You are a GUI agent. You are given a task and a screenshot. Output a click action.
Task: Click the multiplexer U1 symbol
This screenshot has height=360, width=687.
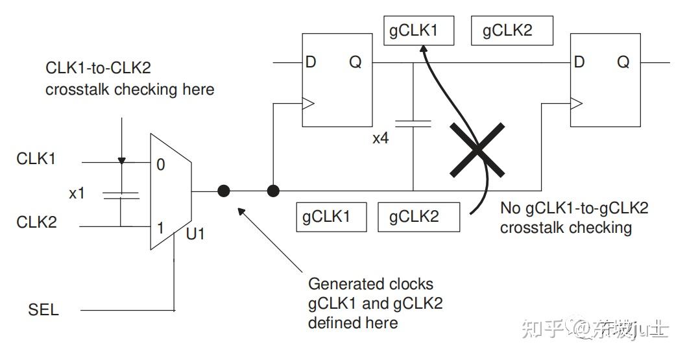click(170, 192)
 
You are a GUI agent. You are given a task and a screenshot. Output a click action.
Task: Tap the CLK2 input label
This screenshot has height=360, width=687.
click(37, 222)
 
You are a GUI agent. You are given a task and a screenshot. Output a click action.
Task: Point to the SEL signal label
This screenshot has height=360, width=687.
click(43, 309)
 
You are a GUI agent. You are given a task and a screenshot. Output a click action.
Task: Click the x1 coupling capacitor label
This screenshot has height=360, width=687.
click(77, 193)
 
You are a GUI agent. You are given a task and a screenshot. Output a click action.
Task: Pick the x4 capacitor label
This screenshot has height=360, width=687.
click(381, 138)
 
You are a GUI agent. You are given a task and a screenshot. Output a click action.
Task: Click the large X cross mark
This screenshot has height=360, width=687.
click(477, 151)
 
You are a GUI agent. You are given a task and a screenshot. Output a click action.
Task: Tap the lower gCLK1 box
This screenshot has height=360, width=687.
click(331, 217)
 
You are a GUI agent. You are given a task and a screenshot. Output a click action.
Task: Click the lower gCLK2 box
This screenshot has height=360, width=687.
click(418, 217)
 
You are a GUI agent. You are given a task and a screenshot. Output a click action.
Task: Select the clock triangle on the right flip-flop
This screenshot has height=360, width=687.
click(575, 102)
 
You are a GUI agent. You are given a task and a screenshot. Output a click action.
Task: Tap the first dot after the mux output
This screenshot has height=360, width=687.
click(223, 191)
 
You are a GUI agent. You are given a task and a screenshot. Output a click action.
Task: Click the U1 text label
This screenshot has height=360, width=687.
click(195, 233)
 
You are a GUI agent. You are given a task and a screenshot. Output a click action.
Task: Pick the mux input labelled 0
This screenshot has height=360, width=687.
click(160, 165)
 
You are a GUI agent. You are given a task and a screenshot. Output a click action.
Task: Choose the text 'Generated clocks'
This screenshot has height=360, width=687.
click(370, 284)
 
